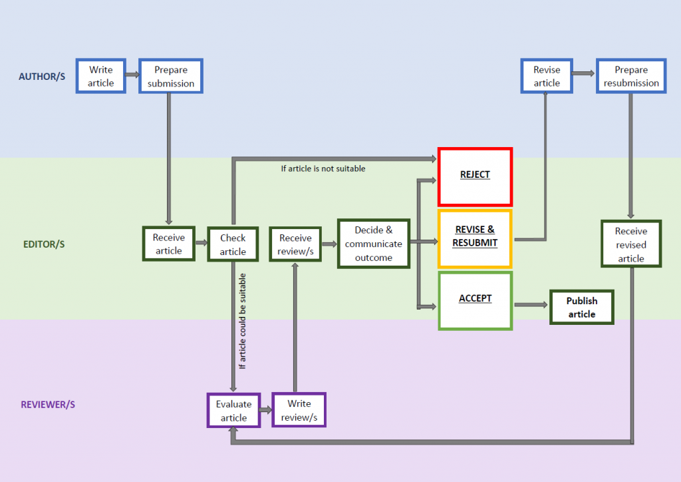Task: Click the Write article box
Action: (101, 77)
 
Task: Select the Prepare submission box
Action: (171, 77)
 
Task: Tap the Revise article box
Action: (547, 77)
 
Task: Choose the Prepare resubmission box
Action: (631, 77)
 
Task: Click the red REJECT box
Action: (475, 176)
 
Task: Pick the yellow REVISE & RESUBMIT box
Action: (475, 238)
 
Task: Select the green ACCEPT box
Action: (475, 300)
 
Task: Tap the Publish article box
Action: (582, 308)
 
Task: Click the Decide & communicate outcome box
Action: (373, 244)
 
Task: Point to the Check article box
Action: (233, 244)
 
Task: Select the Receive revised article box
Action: (630, 244)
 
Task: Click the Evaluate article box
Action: (233, 411)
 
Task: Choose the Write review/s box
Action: (299, 410)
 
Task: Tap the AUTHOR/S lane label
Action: (42, 77)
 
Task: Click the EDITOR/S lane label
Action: (44, 244)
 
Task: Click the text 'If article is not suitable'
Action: (323, 168)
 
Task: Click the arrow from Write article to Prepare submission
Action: (132, 77)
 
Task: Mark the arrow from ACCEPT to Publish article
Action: (529, 305)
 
